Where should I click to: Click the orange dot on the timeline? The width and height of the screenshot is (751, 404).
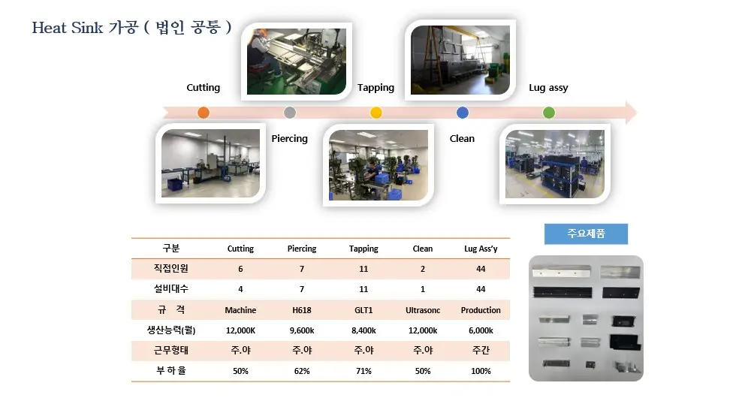coord(204,113)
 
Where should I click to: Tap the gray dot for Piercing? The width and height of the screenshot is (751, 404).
coord(290,113)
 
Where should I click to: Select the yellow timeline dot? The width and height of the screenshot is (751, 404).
coord(376,113)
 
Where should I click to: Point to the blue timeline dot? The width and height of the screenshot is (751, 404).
coord(463,113)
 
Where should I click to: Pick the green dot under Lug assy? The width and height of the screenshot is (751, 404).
coord(549,113)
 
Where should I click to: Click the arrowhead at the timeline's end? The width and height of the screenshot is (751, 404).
coord(632,113)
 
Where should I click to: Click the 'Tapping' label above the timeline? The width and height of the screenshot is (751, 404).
coord(376,88)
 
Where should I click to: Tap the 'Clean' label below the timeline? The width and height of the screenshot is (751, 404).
coord(462,138)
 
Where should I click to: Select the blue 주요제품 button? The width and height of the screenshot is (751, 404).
coord(586,234)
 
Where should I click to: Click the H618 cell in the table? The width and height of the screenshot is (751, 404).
coord(302,310)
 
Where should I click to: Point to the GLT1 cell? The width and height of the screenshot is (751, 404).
coord(363,310)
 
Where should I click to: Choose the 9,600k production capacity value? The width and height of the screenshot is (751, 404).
coord(302,330)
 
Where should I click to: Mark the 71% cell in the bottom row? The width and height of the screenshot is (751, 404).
coord(363,371)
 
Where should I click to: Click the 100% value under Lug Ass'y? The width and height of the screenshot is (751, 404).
coord(481,371)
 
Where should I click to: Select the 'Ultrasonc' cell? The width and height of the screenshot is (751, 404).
coord(423,310)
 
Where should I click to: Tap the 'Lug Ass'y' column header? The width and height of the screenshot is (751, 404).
coord(481,249)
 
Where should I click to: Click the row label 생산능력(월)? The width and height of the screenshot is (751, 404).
coord(171,330)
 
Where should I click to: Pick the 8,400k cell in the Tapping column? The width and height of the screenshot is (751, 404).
coord(363,330)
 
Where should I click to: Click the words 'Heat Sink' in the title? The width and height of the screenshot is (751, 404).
coord(68,28)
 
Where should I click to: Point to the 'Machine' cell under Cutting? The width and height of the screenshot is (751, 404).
coord(240,310)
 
